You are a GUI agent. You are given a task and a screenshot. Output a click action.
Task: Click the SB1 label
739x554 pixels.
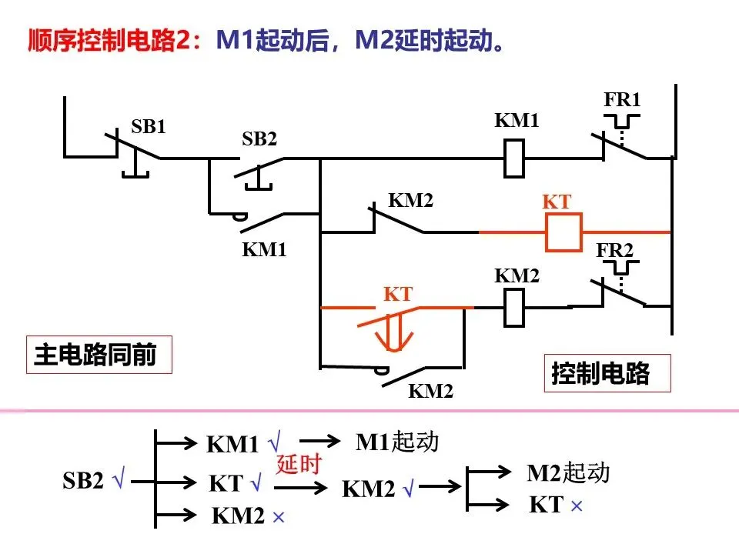[x=149, y=126]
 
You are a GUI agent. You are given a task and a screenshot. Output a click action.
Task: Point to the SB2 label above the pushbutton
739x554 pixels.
[x=259, y=138]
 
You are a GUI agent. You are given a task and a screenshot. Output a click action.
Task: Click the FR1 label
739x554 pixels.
[x=622, y=99]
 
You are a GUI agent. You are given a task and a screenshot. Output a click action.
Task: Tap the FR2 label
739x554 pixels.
[x=614, y=249]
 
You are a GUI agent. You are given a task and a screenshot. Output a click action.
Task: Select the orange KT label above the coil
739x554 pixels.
[x=557, y=202]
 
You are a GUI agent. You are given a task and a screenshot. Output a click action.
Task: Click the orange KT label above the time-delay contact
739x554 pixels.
[x=398, y=294]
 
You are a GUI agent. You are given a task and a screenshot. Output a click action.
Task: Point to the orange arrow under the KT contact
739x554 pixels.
[x=394, y=333]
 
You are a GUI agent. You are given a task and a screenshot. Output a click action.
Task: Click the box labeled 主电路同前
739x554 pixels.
[x=99, y=355]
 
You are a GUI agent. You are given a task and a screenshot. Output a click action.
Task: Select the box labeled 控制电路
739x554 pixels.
[x=607, y=373]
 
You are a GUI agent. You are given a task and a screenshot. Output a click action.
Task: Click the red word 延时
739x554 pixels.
[x=299, y=463]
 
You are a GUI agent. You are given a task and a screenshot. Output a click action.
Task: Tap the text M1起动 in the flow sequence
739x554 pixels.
[x=397, y=442]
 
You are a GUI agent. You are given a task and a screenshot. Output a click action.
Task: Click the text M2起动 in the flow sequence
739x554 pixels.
[x=568, y=472]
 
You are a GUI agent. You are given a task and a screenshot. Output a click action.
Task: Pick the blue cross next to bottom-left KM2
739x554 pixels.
[x=279, y=517]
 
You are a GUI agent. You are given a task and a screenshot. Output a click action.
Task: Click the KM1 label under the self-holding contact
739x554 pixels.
[x=264, y=249]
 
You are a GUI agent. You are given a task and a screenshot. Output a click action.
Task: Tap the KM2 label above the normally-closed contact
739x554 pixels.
[x=410, y=200]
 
